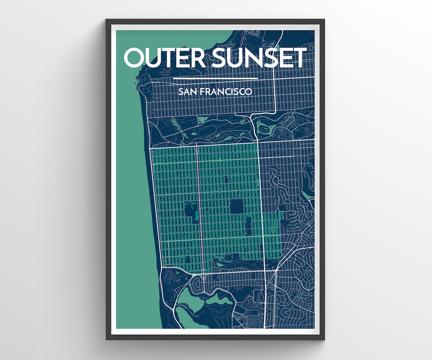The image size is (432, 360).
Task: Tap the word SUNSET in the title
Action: (x=259, y=58)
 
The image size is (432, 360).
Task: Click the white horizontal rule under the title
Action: (x=215, y=78)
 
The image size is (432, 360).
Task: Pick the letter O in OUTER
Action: (x=136, y=58)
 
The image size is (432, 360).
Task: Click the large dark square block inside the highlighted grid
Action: (x=236, y=207)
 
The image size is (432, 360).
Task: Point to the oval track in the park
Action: (x=284, y=133)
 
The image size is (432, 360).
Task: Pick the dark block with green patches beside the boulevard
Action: (x=191, y=212)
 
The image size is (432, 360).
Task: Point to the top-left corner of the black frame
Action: (x=106, y=20)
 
